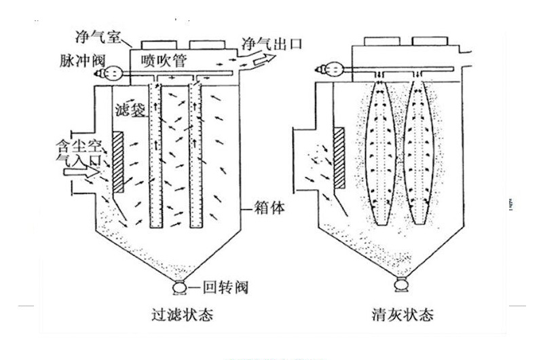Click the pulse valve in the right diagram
pyautogui.click(x=332, y=68)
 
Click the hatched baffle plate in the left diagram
pyautogui.click(x=118, y=162)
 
